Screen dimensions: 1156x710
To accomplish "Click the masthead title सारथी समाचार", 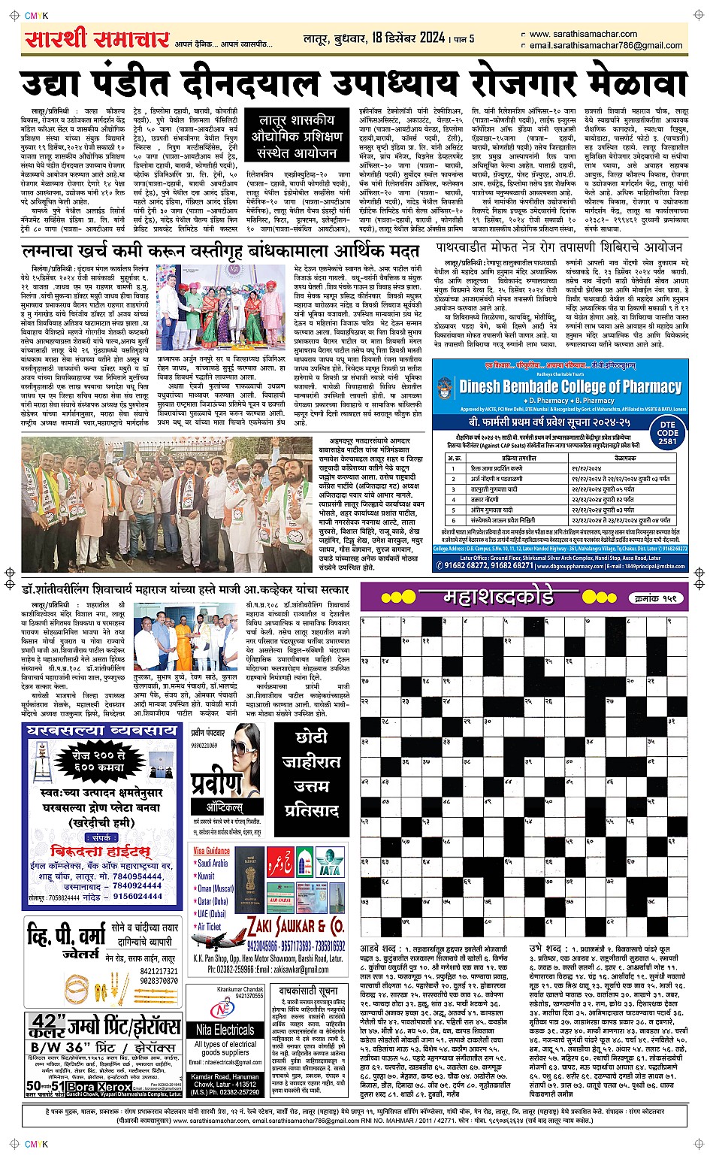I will [x=98, y=39].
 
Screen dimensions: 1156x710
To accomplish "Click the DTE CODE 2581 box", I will [x=667, y=433].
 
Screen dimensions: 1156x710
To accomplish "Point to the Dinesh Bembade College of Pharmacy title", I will [x=570, y=387].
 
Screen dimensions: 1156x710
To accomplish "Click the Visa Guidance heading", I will [x=212, y=851].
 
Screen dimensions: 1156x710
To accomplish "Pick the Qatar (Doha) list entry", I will [x=213, y=901].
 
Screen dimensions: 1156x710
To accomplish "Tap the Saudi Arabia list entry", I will [x=213, y=864].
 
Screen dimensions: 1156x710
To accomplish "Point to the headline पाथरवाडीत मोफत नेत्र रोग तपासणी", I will [x=559, y=247].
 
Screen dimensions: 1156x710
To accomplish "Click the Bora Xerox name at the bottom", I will [x=92, y=1087].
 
